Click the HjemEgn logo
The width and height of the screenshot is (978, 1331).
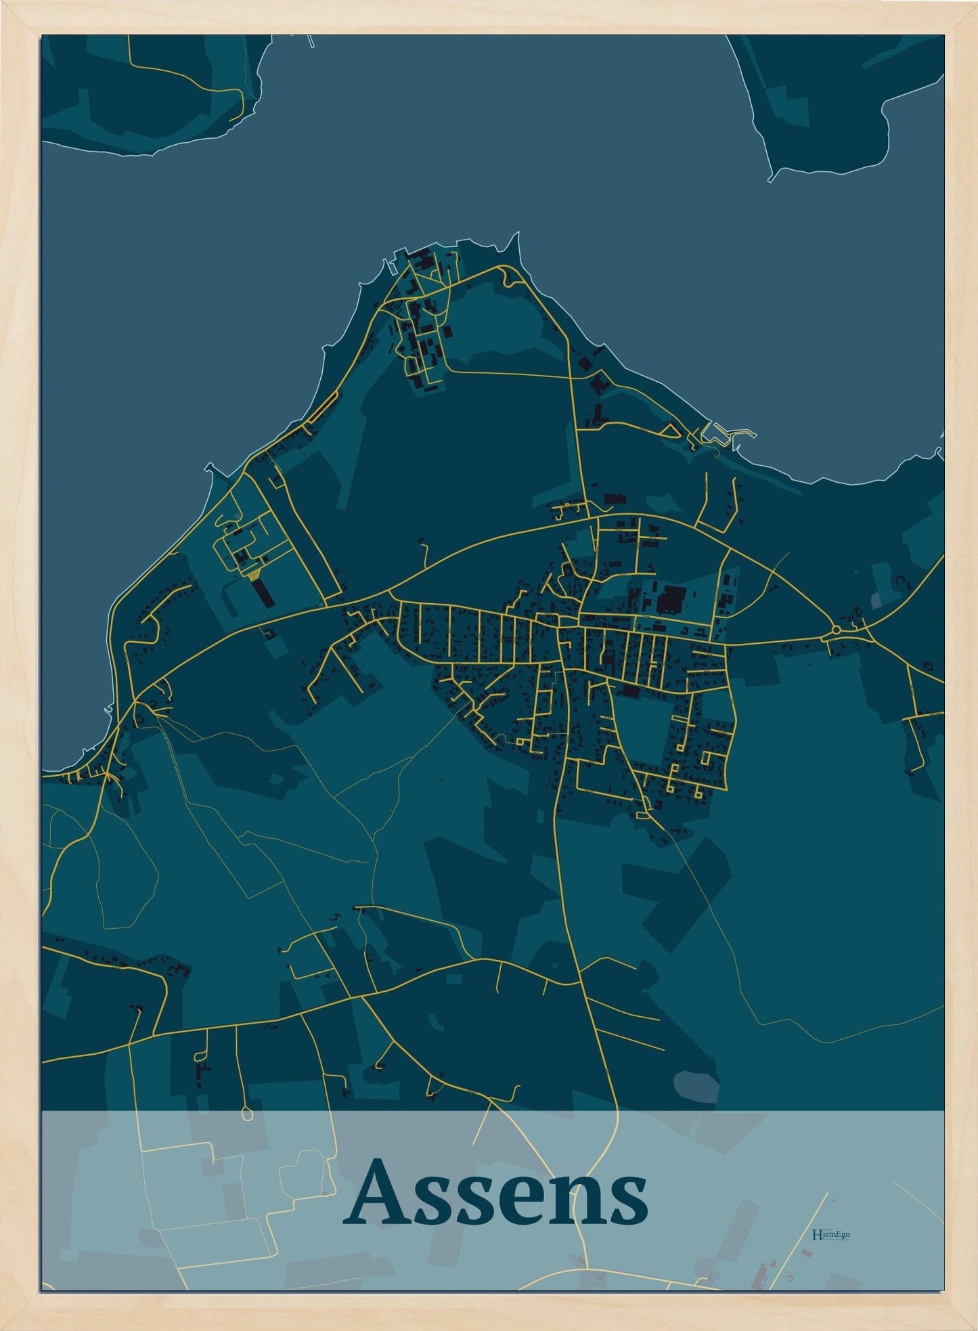(830, 1234)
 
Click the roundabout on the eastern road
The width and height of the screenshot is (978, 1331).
(837, 630)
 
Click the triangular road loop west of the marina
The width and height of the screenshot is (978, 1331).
(669, 430)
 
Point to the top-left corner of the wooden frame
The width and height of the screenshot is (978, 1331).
(5, 5)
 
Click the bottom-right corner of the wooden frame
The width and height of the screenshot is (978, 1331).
(972, 1325)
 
